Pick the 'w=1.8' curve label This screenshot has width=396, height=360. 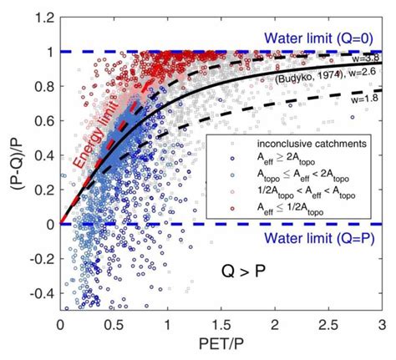(x=367, y=99)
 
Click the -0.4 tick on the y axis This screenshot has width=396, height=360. (x=42, y=293)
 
